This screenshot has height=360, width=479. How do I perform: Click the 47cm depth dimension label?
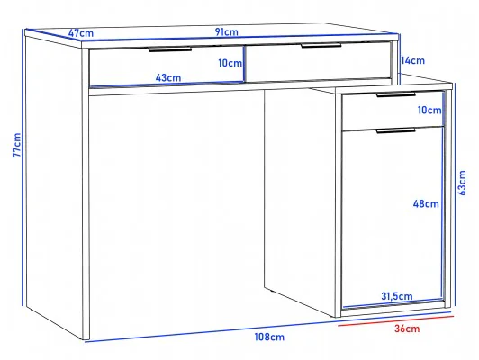[81, 32]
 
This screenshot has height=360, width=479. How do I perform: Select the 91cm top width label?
[226, 31]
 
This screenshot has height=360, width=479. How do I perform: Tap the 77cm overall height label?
[16, 145]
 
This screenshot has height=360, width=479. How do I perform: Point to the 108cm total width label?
[269, 337]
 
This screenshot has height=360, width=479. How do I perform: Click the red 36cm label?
[407, 328]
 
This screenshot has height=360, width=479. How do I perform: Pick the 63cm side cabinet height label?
[463, 183]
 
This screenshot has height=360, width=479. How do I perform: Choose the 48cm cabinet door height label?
[426, 203]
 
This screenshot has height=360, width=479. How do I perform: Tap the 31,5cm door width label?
[397, 296]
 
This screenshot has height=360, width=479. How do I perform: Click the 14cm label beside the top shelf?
[412, 60]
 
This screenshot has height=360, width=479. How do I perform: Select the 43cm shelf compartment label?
[168, 78]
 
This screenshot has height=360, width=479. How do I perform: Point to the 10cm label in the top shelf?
[230, 63]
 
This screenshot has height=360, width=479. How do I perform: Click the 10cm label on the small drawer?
[429, 110]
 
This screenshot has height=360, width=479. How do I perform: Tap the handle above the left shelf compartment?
[170, 49]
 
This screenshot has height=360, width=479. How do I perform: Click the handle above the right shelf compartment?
[321, 46]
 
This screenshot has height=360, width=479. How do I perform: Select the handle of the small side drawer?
[395, 94]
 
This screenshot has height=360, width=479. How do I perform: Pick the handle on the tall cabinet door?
[395, 131]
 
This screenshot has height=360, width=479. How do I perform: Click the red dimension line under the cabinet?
[396, 321]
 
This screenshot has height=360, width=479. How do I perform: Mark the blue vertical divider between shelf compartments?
[244, 64]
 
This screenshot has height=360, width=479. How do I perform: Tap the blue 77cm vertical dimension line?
[23, 167]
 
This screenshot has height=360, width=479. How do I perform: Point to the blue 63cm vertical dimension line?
[456, 194]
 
